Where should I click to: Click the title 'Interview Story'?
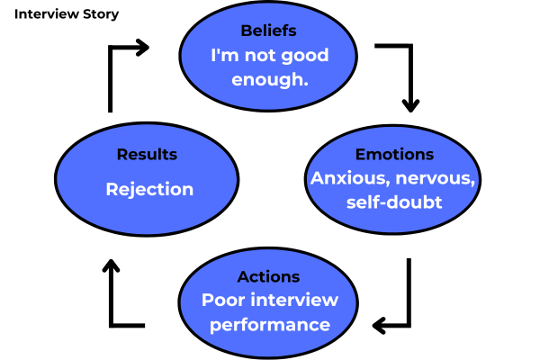coord(67,15)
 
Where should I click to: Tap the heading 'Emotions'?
coord(394,154)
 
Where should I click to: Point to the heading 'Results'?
coord(147,154)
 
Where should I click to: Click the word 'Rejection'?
coord(149,189)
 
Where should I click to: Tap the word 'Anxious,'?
coord(346,178)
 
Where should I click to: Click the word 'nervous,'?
coord(432,178)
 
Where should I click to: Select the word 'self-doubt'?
coord(394,202)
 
